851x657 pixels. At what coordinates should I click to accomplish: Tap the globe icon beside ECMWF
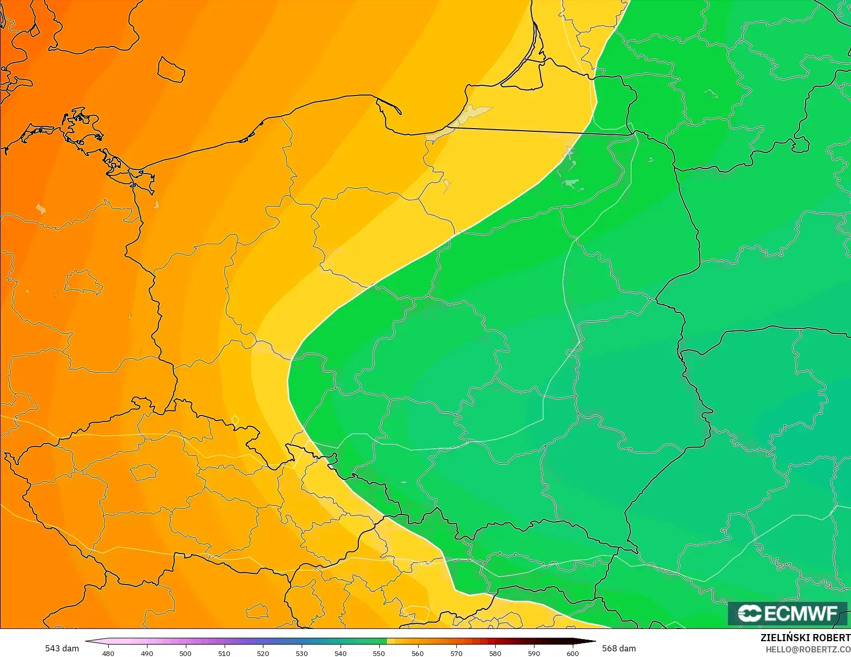[749, 613]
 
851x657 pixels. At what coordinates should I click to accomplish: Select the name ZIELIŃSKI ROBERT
[805, 638]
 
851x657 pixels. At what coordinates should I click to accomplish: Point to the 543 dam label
[62, 648]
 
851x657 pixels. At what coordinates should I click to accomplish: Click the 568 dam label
[619, 648]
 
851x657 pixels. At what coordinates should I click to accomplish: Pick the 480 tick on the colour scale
[108, 653]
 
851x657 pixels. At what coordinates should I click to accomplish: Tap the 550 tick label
[379, 653]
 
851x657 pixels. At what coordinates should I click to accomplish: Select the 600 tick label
[572, 653]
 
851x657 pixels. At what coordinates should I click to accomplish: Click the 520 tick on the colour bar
[263, 653]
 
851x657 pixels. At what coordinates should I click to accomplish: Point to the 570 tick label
[456, 653]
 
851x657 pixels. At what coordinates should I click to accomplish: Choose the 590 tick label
[534, 653]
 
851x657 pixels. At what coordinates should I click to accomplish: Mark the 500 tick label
[185, 653]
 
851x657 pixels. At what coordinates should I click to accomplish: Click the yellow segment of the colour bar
[391, 641]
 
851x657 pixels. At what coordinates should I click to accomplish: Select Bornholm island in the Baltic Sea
[171, 69]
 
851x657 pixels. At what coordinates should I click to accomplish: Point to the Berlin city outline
[83, 282]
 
